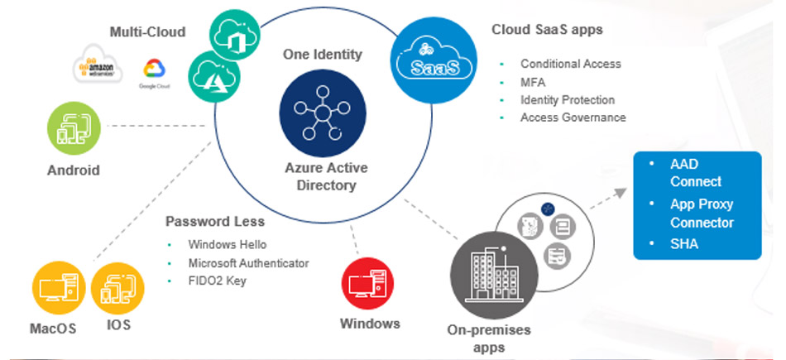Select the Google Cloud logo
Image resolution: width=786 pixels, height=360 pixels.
click(151, 72)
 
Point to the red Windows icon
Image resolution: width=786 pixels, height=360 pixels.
click(367, 283)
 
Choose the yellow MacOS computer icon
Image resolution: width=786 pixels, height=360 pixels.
click(56, 288)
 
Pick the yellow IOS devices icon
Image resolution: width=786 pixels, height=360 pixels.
click(117, 288)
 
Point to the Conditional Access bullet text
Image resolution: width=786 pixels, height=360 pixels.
click(570, 64)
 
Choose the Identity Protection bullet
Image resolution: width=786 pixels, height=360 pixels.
click(567, 100)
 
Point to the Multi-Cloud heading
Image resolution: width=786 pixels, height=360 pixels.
click(147, 31)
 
